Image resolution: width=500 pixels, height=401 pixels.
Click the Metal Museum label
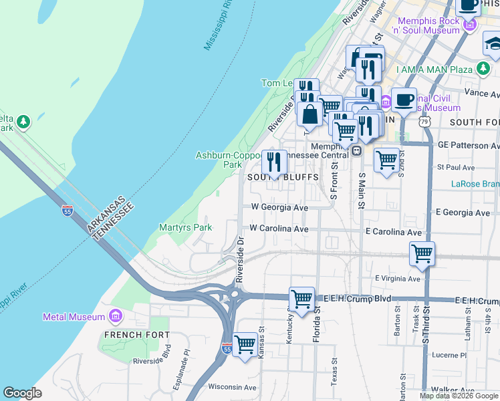click(74, 317)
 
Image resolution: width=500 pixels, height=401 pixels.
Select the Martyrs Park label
click(185, 228)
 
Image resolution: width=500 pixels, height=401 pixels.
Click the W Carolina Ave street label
click(279, 229)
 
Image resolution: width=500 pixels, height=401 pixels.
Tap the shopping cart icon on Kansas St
click(245, 346)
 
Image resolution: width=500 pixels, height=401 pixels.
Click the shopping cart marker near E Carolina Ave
click(422, 254)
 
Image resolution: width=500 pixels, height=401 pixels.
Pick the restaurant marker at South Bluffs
click(274, 162)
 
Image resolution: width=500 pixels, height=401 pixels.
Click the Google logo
click(22, 393)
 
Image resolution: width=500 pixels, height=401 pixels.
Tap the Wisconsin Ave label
click(232, 387)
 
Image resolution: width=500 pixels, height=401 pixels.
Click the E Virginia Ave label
click(397, 278)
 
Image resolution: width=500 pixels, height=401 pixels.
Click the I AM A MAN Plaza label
click(434, 70)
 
